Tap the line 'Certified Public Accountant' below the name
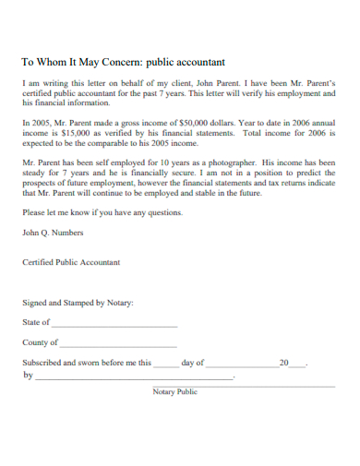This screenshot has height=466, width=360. (71, 262)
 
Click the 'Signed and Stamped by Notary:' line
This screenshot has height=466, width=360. (78, 303)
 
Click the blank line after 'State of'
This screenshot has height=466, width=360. (114, 325)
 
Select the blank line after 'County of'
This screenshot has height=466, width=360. (119, 344)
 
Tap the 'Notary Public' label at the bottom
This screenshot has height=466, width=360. (175, 391)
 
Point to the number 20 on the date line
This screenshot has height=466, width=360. (283, 363)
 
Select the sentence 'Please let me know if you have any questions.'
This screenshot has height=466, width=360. (102, 212)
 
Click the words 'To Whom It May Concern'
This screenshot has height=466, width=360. (78, 63)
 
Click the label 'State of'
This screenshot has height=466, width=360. (36, 323)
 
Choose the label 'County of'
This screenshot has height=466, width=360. (40, 342)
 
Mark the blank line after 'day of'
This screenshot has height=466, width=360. (241, 365)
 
